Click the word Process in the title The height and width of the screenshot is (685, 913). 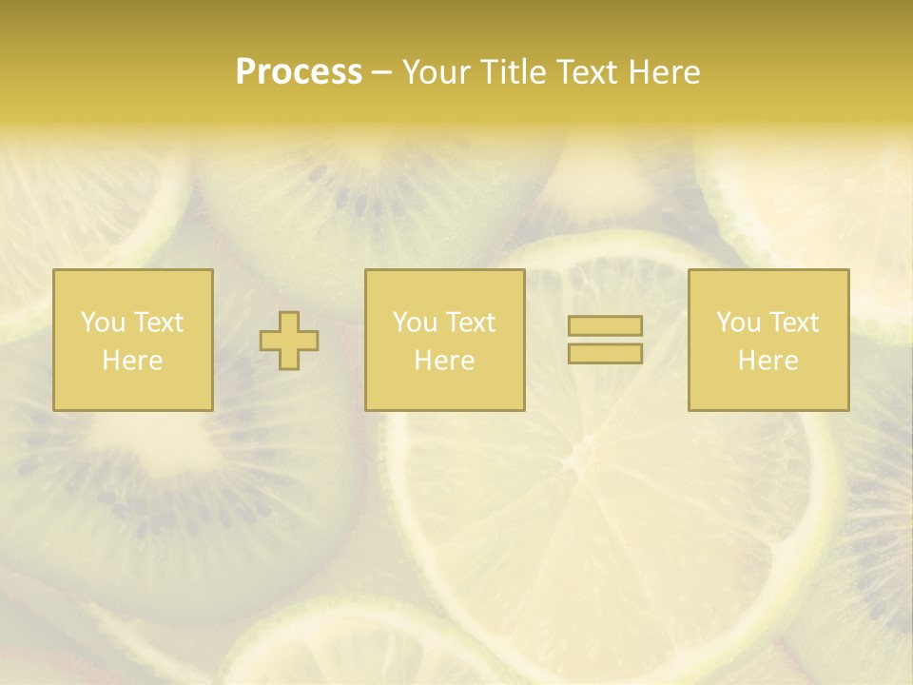299,72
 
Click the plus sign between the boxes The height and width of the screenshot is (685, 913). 289,340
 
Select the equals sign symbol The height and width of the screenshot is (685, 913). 605,340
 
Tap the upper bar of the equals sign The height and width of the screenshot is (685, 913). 605,326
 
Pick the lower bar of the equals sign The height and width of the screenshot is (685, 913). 605,353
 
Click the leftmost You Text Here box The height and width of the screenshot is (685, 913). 133,340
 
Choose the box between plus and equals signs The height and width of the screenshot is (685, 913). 445,340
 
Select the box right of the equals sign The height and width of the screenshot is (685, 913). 768,340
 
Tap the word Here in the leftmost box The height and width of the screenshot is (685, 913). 133,361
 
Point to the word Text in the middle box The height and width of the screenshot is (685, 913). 471,323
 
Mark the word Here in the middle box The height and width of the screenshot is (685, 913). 445,361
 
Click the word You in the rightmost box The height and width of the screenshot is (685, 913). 738,323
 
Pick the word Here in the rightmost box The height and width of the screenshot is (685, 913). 768,361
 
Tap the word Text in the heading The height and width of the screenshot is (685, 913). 587,72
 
